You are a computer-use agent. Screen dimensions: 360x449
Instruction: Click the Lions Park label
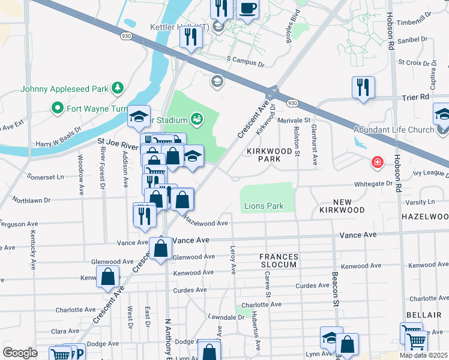(264, 206)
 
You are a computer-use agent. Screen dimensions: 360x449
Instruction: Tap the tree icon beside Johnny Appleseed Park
(118, 89)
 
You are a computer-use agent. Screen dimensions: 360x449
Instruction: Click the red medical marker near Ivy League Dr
(376, 162)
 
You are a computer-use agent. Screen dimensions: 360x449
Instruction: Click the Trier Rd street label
(417, 97)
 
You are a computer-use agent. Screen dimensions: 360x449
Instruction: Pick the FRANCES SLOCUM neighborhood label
(278, 260)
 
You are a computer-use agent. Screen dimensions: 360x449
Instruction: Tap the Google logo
(20, 353)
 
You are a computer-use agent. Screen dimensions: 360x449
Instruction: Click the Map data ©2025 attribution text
(423, 355)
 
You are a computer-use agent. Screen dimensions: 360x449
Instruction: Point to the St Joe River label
(118, 145)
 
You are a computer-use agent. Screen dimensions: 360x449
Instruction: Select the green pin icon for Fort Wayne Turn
(58, 109)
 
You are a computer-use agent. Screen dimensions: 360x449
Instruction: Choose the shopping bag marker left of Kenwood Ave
(107, 277)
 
